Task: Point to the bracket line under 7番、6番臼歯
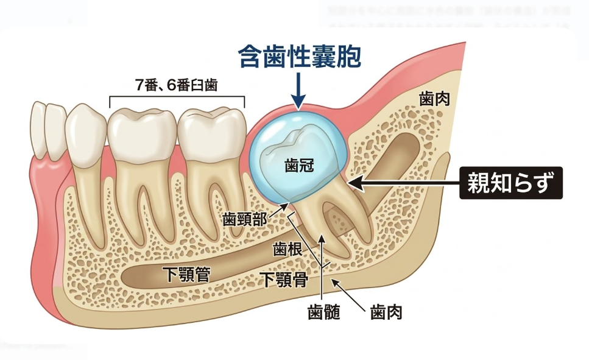point(177,97)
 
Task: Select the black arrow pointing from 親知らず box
point(402,182)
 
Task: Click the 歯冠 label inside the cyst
point(298,165)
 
